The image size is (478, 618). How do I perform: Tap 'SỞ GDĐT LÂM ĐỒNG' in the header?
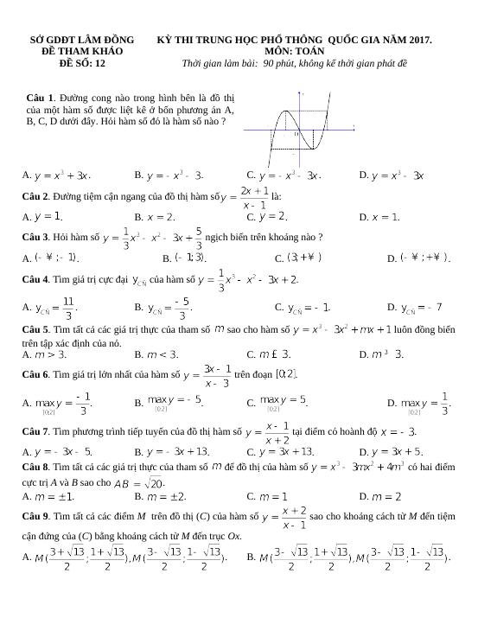tap(82, 40)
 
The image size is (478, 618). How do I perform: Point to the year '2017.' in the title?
tap(418, 40)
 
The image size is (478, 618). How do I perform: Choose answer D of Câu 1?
tap(392, 175)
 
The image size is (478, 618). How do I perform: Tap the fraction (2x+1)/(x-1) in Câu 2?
tap(255, 197)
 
